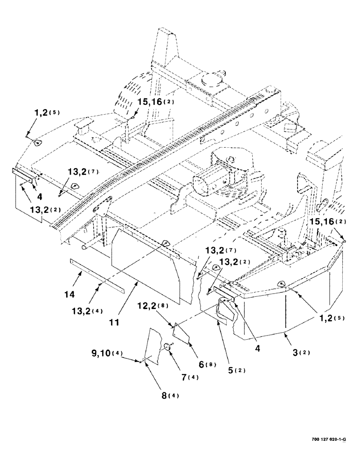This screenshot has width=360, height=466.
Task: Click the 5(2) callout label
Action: click(x=236, y=370)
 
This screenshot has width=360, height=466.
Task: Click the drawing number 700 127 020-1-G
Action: click(x=331, y=439)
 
